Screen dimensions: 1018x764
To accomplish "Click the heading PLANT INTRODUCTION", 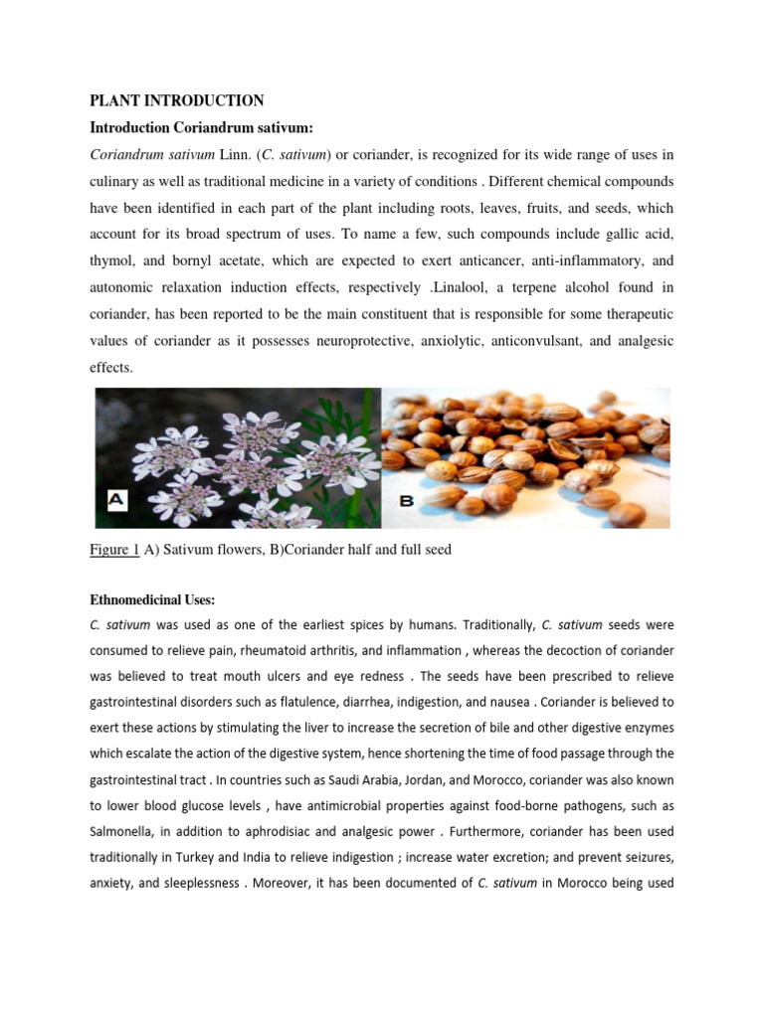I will click(177, 100).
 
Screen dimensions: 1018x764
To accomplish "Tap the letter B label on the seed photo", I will click(406, 501).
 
